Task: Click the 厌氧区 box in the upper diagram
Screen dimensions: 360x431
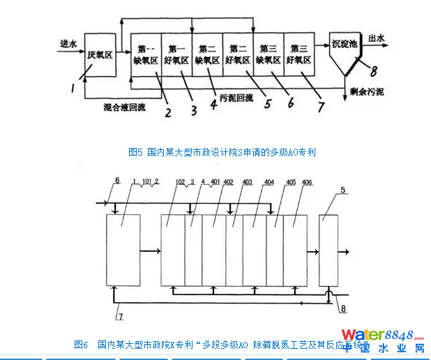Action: (99, 54)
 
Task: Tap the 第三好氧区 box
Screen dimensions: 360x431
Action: (299, 54)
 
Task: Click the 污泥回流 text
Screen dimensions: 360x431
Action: (236, 98)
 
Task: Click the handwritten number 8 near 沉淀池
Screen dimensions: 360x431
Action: (374, 70)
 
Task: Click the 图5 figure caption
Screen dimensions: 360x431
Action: (222, 151)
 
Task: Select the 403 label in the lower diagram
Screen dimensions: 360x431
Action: (247, 183)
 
